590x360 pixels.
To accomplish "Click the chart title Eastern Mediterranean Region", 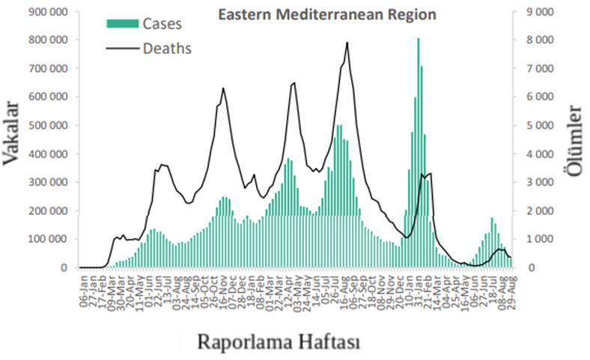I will click(x=326, y=14).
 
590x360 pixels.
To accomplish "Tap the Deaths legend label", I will click(x=167, y=49).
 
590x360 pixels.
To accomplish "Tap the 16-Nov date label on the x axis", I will click(x=224, y=287).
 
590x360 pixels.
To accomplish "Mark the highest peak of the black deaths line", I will click(x=347, y=43).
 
